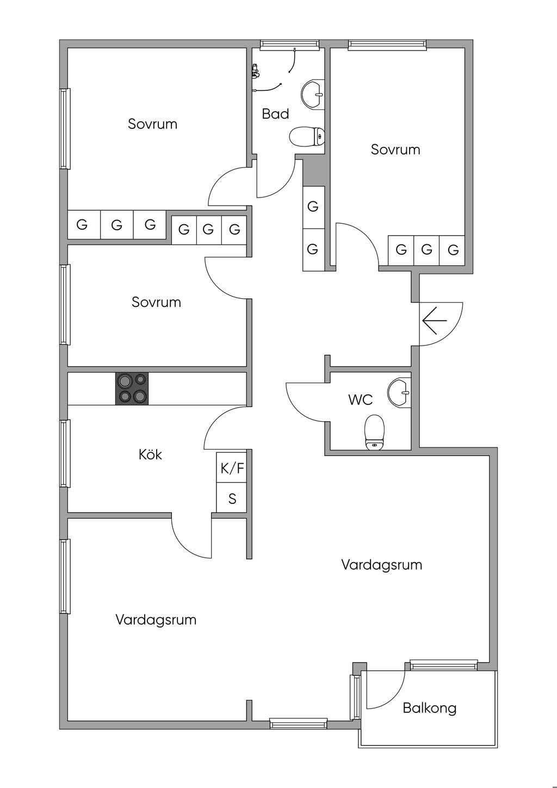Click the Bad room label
(x=275, y=114)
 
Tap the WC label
(x=360, y=400)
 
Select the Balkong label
(x=429, y=708)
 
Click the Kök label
(x=150, y=454)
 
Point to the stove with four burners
(x=132, y=389)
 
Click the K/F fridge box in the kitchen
(x=232, y=468)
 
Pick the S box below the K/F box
(x=232, y=498)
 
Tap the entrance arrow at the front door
(x=434, y=320)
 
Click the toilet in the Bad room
(x=306, y=137)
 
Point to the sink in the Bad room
(x=313, y=93)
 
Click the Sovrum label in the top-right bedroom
(x=395, y=150)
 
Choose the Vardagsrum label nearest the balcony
(x=381, y=565)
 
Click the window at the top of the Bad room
(x=289, y=45)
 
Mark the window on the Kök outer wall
(x=65, y=453)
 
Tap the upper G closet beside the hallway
(x=313, y=207)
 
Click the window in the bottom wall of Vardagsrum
(x=299, y=723)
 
